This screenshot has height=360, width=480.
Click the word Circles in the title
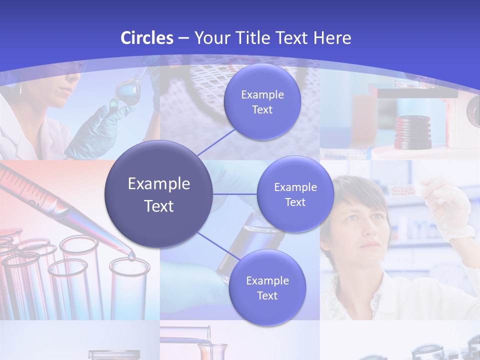[147, 38]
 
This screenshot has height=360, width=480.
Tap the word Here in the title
[332, 38]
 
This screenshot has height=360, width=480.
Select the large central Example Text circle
[159, 194]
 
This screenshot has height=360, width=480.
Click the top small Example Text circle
[262, 102]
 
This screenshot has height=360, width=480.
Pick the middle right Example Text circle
[295, 194]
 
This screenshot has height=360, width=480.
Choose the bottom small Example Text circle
[267, 287]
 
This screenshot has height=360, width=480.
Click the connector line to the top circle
[216, 142]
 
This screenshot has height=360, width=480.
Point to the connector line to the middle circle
[235, 194]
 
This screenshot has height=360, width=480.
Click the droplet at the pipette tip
[131, 257]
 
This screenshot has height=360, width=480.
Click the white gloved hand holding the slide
[453, 210]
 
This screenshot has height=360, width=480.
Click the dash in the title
[183, 38]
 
